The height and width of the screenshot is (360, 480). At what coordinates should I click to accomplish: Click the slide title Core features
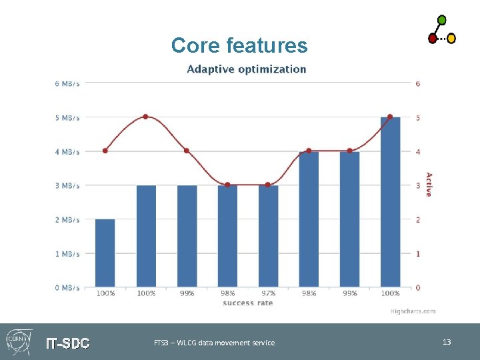click(x=239, y=45)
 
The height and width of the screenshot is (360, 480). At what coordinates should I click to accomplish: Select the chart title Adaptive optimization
click(x=247, y=69)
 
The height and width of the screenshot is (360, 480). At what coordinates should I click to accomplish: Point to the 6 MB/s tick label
click(x=67, y=83)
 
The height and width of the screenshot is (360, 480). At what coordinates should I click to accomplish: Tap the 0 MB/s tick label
click(x=67, y=287)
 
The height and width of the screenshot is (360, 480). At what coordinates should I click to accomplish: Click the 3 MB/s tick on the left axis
click(x=67, y=185)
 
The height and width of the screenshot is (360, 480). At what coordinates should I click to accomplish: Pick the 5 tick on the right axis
click(x=418, y=118)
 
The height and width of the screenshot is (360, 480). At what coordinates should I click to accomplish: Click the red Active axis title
click(x=429, y=185)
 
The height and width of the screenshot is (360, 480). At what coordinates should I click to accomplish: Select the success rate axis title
click(x=247, y=303)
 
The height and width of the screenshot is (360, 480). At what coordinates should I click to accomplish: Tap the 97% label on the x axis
click(x=268, y=293)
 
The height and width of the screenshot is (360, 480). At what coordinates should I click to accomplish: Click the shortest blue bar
click(x=105, y=253)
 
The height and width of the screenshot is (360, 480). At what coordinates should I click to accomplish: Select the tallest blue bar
click(x=390, y=202)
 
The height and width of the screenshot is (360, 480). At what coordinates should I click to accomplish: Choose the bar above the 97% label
click(x=268, y=236)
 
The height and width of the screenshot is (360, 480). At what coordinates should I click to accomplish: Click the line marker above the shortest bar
click(x=105, y=151)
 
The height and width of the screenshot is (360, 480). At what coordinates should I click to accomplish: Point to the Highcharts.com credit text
click(x=413, y=311)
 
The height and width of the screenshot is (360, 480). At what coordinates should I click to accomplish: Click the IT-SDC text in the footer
click(x=67, y=343)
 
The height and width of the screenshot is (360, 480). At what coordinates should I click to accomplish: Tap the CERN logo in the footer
click(x=18, y=341)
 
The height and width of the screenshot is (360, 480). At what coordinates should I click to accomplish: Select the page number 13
click(x=447, y=342)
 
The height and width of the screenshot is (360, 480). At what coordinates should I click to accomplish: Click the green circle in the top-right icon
click(x=441, y=20)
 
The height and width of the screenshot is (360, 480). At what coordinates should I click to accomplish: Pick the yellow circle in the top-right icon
click(x=451, y=39)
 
